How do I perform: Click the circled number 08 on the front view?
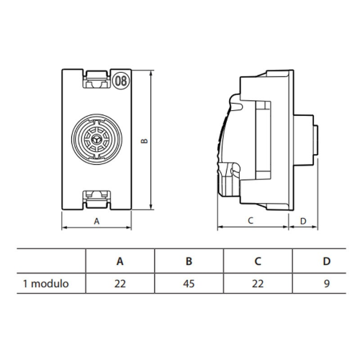121,81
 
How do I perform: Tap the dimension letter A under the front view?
96,221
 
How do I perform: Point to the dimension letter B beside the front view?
144,140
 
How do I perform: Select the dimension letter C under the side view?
251,220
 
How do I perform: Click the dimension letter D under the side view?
303,221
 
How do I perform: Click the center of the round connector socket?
96,139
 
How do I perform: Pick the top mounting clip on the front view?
96,79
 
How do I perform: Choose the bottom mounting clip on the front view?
96,199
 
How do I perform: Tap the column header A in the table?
120,261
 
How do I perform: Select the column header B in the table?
189,261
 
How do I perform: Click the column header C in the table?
258,261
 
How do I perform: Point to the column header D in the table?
327,261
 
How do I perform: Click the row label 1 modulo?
46,284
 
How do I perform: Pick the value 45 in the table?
189,284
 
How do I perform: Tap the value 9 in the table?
327,284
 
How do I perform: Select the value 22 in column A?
120,284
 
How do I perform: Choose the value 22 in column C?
258,284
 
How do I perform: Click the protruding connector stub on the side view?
306,140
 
